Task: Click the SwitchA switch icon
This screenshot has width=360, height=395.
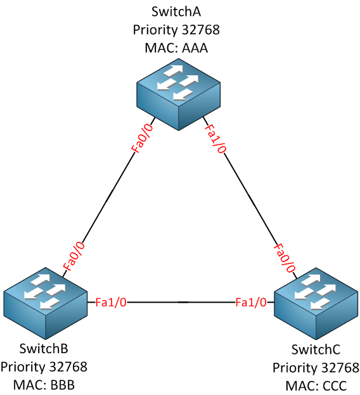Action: [x=179, y=94]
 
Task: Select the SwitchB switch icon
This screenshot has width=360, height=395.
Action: [x=46, y=303]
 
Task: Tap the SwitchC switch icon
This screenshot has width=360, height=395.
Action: [x=316, y=303]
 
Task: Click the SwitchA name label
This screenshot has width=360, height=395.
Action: [x=176, y=11]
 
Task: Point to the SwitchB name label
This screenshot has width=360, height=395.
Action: [x=44, y=349]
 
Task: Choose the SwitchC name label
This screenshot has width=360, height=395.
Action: [x=316, y=349]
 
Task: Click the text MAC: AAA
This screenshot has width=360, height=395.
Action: [x=176, y=48]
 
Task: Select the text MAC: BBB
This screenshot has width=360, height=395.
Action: [x=44, y=385]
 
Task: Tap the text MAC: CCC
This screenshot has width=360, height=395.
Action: [x=316, y=386]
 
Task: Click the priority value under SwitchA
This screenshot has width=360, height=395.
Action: [x=200, y=30]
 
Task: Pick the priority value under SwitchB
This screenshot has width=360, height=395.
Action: [x=68, y=367]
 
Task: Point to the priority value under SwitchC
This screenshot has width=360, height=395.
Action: [x=340, y=368]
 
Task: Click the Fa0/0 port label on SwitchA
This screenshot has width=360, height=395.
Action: [x=142, y=138]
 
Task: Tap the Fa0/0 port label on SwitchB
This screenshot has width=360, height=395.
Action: [x=74, y=256]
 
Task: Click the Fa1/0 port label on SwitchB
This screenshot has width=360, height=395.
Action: [x=111, y=302]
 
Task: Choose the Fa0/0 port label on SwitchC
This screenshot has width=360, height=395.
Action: [x=285, y=258]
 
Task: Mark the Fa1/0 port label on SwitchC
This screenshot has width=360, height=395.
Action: [x=251, y=302]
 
